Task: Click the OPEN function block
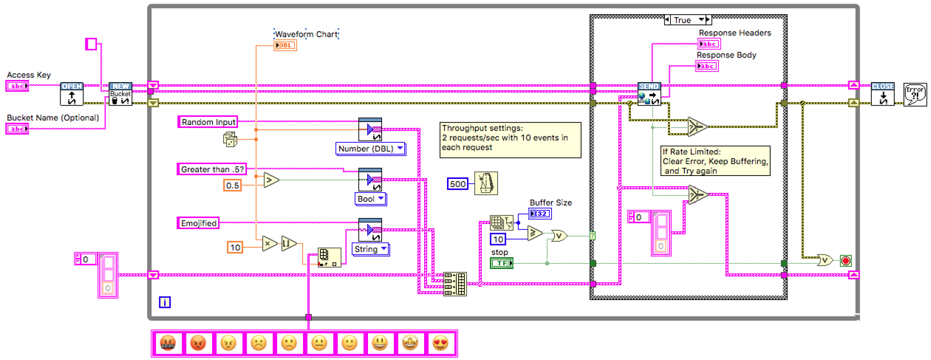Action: tap(71, 94)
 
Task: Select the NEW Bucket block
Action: tap(120, 94)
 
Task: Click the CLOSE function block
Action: tap(883, 94)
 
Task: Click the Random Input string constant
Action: tap(209, 122)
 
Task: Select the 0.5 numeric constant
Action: tap(233, 186)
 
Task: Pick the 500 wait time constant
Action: tap(458, 183)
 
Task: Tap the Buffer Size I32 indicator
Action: tap(540, 214)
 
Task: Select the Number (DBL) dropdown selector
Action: tap(371, 149)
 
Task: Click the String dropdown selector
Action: tap(371, 249)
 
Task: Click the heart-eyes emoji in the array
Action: tap(440, 343)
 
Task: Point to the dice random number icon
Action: tap(231, 139)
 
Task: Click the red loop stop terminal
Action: tap(846, 261)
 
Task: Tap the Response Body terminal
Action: tap(708, 67)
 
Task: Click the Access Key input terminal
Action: tap(17, 86)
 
